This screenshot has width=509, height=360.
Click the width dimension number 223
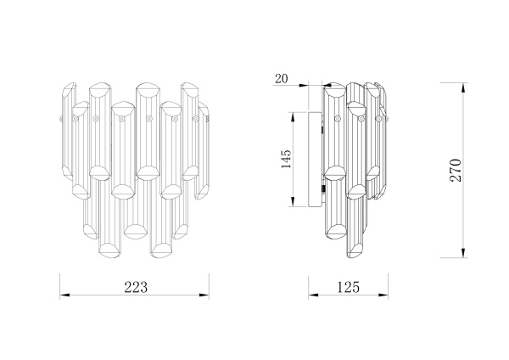point(136,287)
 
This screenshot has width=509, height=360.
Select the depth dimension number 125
point(349,287)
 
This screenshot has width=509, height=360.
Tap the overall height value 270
point(456,171)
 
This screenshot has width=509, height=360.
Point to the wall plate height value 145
point(286,159)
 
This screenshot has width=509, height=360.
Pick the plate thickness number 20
point(281,79)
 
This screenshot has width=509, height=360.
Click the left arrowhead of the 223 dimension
point(64,295)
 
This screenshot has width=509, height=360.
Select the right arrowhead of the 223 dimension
point(204,295)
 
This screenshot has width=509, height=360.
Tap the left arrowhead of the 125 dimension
point(313,295)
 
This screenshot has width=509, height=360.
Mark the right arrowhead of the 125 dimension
point(383,295)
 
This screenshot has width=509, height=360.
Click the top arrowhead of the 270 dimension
point(463,87)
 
